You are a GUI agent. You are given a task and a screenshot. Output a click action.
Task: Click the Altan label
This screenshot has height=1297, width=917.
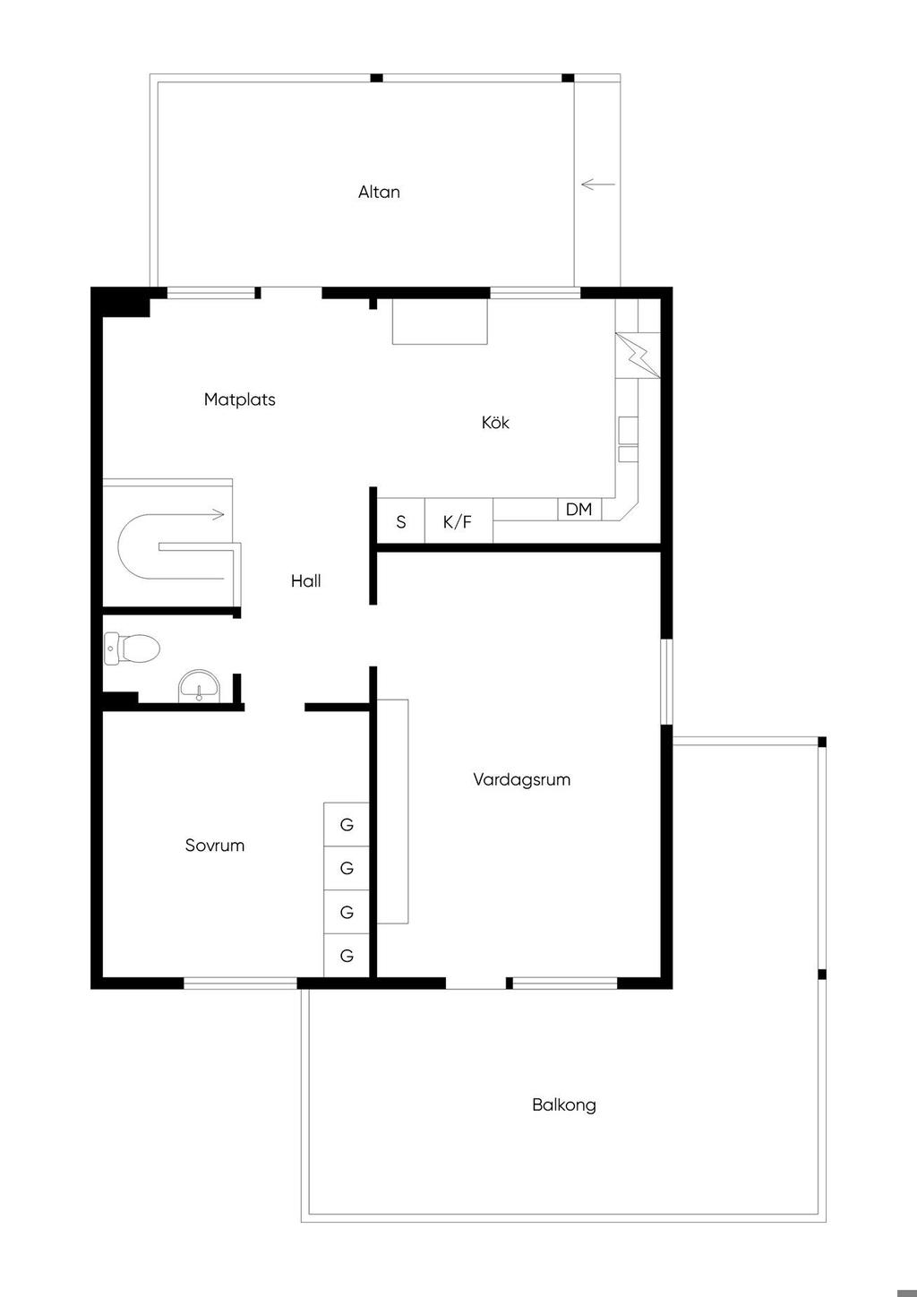(x=379, y=192)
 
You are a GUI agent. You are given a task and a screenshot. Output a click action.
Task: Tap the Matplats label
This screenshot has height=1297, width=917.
(x=240, y=399)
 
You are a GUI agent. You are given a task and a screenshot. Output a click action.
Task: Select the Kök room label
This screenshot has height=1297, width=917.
(x=495, y=422)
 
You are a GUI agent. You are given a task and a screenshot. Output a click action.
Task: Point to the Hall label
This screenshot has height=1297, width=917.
(x=305, y=580)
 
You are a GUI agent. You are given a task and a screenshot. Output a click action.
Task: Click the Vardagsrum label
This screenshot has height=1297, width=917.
(x=521, y=779)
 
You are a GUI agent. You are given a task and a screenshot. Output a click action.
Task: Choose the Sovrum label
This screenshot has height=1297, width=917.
(x=215, y=846)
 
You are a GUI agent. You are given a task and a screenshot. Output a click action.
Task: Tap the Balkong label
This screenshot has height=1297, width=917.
(x=564, y=1104)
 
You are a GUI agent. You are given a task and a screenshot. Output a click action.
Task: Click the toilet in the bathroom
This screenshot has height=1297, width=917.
(x=132, y=648)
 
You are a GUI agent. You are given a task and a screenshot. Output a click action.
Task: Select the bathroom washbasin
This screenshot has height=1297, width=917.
(x=199, y=685)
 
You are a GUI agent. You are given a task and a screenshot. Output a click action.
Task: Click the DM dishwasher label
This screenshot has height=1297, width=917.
(x=578, y=510)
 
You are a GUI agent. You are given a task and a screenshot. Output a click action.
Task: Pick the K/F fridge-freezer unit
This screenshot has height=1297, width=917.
(x=458, y=520)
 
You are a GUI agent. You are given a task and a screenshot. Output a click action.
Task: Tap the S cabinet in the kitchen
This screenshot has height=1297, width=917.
(x=401, y=520)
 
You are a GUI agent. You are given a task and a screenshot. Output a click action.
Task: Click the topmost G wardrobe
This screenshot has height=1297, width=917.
(x=347, y=825)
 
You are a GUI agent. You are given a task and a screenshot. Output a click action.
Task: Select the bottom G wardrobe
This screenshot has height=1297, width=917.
(x=347, y=956)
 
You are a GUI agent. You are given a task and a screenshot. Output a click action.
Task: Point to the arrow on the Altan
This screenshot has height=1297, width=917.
(x=598, y=185)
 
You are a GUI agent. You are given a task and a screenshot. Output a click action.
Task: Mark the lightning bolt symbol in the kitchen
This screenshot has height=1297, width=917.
(x=638, y=356)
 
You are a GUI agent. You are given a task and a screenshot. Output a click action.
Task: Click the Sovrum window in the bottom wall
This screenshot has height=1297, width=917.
(x=240, y=983)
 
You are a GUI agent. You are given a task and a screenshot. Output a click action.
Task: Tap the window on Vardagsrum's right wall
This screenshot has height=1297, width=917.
(x=666, y=682)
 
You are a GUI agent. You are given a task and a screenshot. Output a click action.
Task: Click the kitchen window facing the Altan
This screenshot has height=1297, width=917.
(x=535, y=293)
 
